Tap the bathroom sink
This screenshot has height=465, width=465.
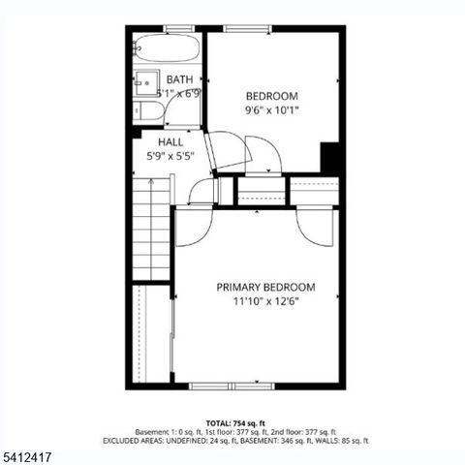pyautogui.click(x=146, y=80)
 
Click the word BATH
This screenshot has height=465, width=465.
pyautogui.click(x=179, y=79)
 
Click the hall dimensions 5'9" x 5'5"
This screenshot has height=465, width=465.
pyautogui.click(x=170, y=155)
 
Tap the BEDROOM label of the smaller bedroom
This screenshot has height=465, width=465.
pyautogui.click(x=271, y=95)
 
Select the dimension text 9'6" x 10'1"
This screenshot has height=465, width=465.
pyautogui.click(x=271, y=109)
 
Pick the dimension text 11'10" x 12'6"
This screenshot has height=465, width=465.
pyautogui.click(x=265, y=301)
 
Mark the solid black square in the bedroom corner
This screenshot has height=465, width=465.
pyautogui.click(x=329, y=158)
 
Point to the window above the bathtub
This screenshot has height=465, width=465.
pyautogui.click(x=178, y=28)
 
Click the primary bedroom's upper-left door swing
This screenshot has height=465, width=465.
pyautogui.click(x=195, y=227)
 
